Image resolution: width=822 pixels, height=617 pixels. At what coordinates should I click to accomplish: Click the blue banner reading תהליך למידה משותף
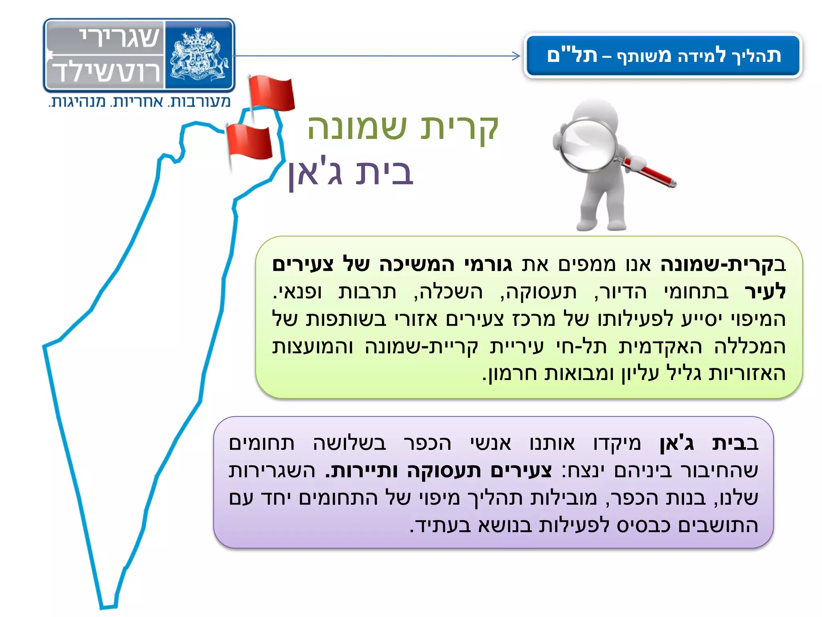point(663,56)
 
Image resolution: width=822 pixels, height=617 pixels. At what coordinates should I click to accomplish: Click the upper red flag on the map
point(271,93)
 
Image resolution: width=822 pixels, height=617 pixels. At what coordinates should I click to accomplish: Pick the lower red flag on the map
point(250,141)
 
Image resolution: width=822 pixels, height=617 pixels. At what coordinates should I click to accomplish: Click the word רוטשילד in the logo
point(107,72)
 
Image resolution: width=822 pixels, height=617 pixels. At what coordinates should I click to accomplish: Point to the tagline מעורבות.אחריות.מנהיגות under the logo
point(140,102)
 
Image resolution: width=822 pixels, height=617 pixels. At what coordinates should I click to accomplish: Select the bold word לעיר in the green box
point(765,291)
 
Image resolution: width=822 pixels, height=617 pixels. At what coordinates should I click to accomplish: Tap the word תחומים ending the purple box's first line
point(262,443)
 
